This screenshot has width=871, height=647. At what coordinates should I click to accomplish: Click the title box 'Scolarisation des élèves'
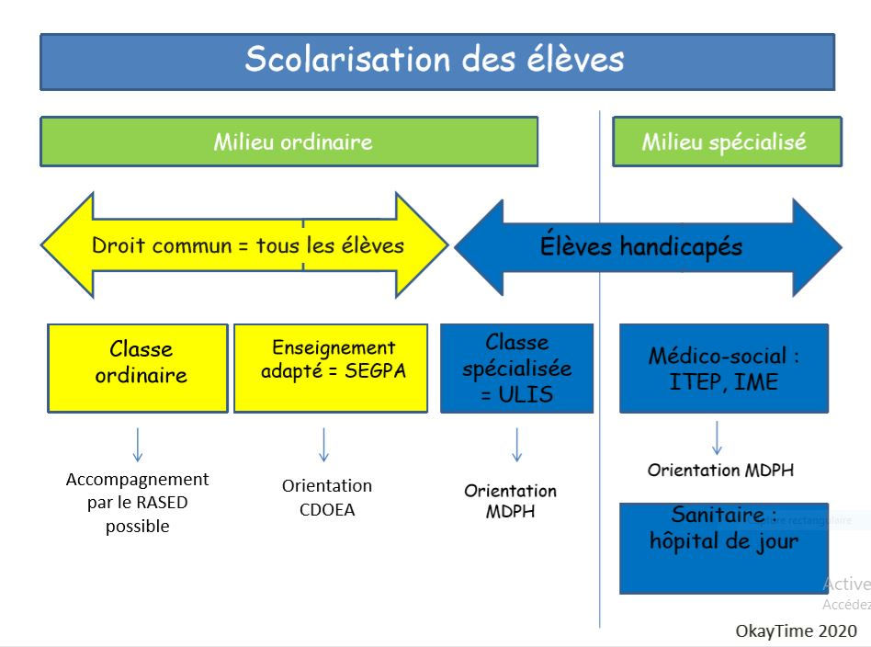pos(436,62)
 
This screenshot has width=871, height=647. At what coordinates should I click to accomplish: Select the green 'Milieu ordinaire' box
pos(288,142)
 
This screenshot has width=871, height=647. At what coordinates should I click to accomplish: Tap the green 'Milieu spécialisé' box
pos(726,142)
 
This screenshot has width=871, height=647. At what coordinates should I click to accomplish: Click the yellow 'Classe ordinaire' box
pos(138,367)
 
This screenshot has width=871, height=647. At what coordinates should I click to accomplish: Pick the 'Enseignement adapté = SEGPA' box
pos(331,367)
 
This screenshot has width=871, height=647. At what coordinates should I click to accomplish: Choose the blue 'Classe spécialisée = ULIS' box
pos(516,367)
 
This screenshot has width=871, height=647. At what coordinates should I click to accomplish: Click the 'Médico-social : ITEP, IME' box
pos(723,367)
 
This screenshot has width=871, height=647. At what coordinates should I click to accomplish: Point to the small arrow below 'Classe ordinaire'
pos(138,444)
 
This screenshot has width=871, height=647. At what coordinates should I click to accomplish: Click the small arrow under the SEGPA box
pos(323,444)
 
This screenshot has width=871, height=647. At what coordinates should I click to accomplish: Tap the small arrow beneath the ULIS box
pos(517,444)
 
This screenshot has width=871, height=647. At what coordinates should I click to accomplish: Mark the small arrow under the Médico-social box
pos(717,437)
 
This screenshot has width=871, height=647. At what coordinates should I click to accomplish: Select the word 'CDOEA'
pos(327,509)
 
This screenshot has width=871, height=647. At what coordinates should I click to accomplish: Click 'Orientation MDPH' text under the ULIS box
pos(510,501)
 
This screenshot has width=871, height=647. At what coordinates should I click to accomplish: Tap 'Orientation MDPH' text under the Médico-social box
pos(720,471)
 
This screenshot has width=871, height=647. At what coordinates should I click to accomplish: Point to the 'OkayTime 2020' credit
pos(796,631)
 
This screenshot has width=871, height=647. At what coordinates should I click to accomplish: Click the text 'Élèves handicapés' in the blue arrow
pos(641,246)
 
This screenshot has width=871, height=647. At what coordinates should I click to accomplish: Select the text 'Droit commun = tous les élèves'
pos(248,245)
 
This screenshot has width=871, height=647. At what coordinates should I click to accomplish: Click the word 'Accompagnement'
pos(138,480)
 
